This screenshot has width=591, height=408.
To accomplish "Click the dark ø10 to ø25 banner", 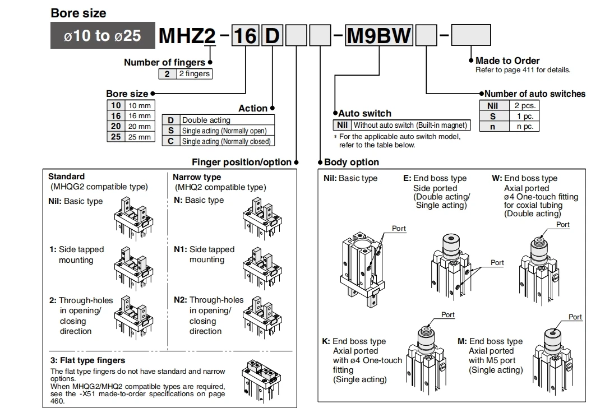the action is click(x=103, y=35).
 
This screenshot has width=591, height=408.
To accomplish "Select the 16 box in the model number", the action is click(x=246, y=35).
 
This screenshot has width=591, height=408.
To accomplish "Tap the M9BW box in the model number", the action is click(x=379, y=35).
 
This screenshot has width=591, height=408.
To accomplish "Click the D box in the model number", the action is click(x=272, y=35).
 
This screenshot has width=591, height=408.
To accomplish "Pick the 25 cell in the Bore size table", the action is click(x=116, y=137).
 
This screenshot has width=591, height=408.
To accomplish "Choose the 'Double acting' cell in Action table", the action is click(x=227, y=120).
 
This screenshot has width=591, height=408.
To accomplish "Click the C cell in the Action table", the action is click(x=171, y=141).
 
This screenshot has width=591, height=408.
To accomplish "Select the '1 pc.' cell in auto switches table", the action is click(x=524, y=116).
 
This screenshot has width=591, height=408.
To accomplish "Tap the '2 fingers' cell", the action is click(x=194, y=74).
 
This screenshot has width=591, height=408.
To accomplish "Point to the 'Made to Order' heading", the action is click(x=507, y=61).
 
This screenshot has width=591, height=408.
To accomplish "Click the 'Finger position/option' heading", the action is click(x=242, y=162).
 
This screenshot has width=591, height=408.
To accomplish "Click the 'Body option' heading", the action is click(x=351, y=162).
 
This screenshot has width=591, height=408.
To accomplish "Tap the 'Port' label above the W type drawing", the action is click(x=562, y=225).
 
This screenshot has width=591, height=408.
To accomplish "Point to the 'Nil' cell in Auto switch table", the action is click(x=342, y=125).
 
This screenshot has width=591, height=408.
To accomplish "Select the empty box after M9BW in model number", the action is click(x=426, y=35).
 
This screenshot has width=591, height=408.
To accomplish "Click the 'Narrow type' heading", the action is click(x=197, y=177).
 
